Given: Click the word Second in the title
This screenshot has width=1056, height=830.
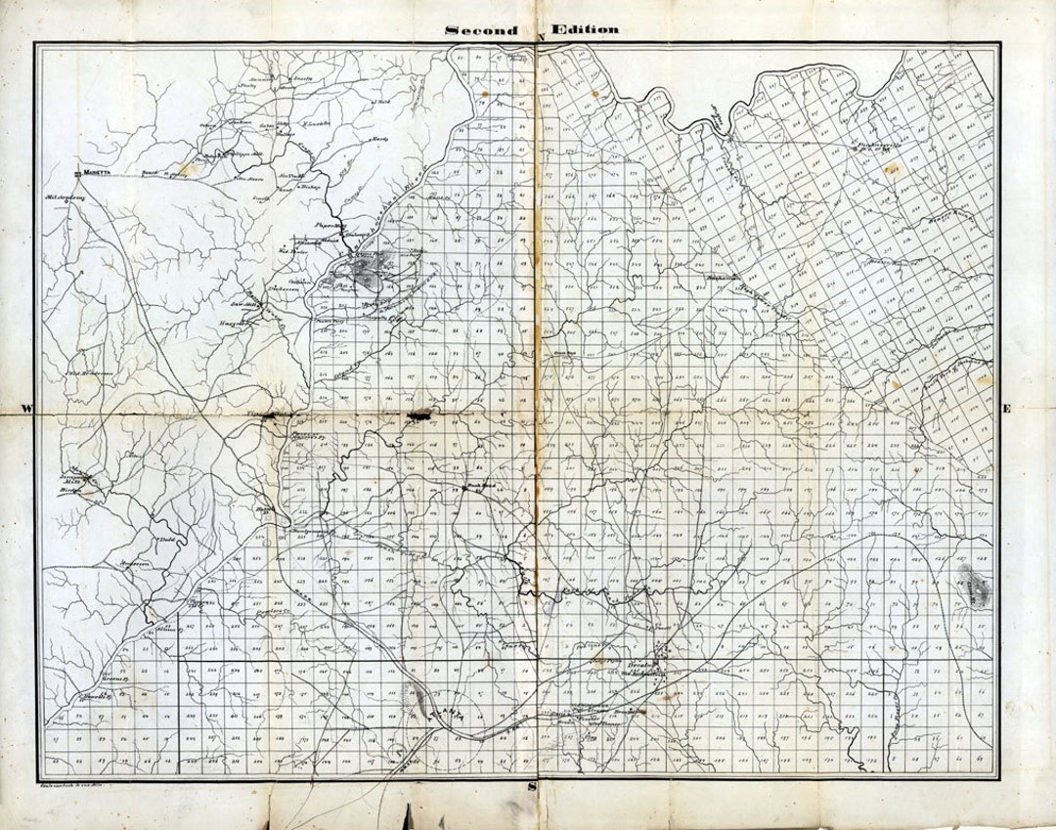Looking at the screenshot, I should (x=481, y=30).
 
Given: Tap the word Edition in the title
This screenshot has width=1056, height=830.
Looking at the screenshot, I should (x=584, y=29).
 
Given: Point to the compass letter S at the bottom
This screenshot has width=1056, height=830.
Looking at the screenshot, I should (x=532, y=785).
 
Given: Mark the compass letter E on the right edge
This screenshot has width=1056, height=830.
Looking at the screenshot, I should (x=1006, y=409).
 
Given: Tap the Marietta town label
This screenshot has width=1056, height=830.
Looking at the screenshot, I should (x=99, y=170).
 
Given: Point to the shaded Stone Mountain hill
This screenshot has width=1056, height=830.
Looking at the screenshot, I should (x=975, y=585).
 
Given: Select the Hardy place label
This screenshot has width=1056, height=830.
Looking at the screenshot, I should (x=379, y=139).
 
